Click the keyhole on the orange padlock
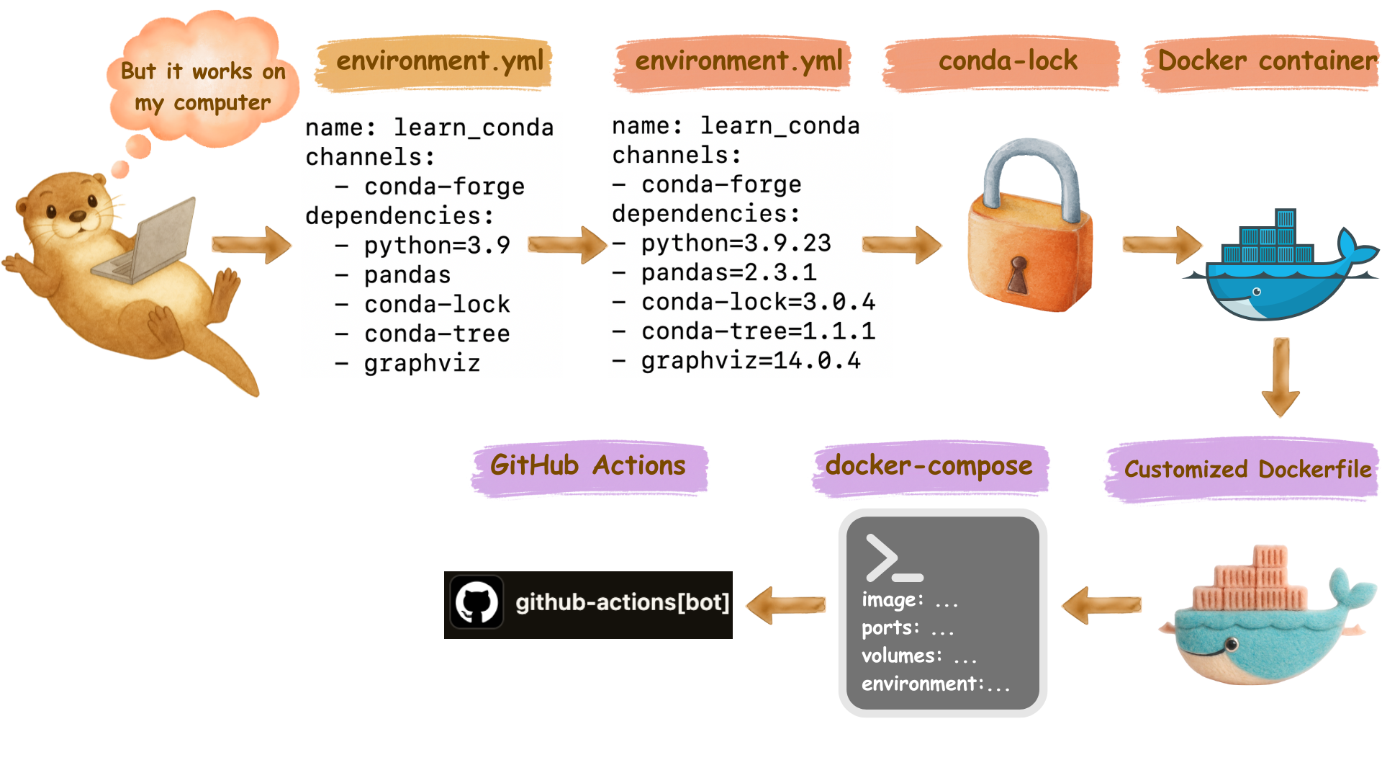[x=1017, y=274]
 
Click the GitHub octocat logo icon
[x=477, y=602]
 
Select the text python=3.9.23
[x=736, y=243]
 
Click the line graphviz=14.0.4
[x=750, y=361]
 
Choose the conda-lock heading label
[x=1008, y=61]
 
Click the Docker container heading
[x=1266, y=61]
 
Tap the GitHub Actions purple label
[x=588, y=466]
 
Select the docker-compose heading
[x=929, y=466]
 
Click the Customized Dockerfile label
[x=1247, y=470]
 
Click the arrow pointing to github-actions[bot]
[x=785, y=604]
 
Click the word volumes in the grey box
[x=901, y=656]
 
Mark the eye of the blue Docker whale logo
[x=1257, y=292]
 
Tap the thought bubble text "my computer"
[x=203, y=103]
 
